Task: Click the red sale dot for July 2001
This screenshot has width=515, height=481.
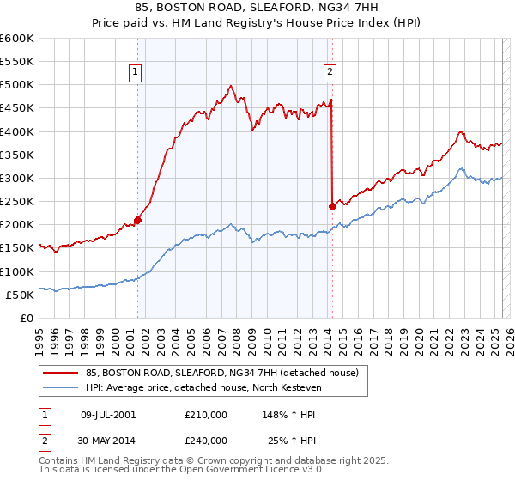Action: pyautogui.click(x=137, y=220)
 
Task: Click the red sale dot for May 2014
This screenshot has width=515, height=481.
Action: pyautogui.click(x=332, y=206)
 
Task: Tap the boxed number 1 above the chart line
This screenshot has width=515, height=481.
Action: pyautogui.click(x=136, y=73)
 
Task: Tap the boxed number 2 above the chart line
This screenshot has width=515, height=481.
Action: pyautogui.click(x=330, y=73)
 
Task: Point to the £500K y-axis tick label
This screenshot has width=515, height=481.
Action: pyautogui.click(x=17, y=85)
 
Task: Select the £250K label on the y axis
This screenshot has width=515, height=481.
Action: pyautogui.click(x=17, y=202)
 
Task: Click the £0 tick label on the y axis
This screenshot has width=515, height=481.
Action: pyautogui.click(x=26, y=318)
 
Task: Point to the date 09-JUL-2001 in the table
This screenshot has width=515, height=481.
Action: pyautogui.click(x=107, y=414)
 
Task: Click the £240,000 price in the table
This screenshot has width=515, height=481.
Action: pyautogui.click(x=205, y=441)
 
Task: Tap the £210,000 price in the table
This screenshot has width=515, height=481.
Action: pyautogui.click(x=205, y=414)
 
